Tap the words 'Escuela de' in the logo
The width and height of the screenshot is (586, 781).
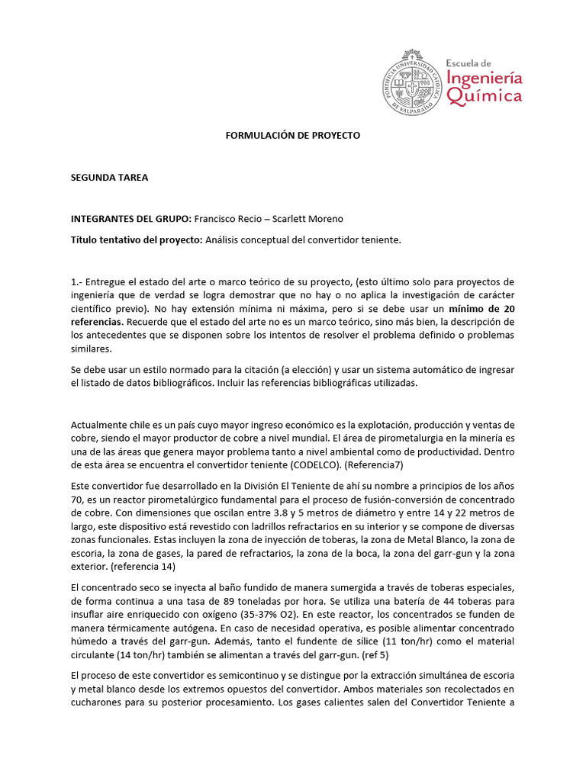pyautogui.click(x=470, y=63)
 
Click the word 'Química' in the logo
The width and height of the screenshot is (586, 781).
pyautogui.click(x=485, y=96)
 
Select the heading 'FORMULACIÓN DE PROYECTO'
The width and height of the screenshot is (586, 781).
pyautogui.click(x=292, y=135)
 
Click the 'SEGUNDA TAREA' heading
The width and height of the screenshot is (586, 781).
pyautogui.click(x=109, y=178)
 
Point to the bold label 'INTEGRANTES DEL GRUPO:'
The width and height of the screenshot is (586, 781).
pyautogui.click(x=130, y=219)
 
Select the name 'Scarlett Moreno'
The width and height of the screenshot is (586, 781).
pyautogui.click(x=308, y=219)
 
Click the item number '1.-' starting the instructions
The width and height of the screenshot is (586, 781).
pyautogui.click(x=79, y=281)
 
